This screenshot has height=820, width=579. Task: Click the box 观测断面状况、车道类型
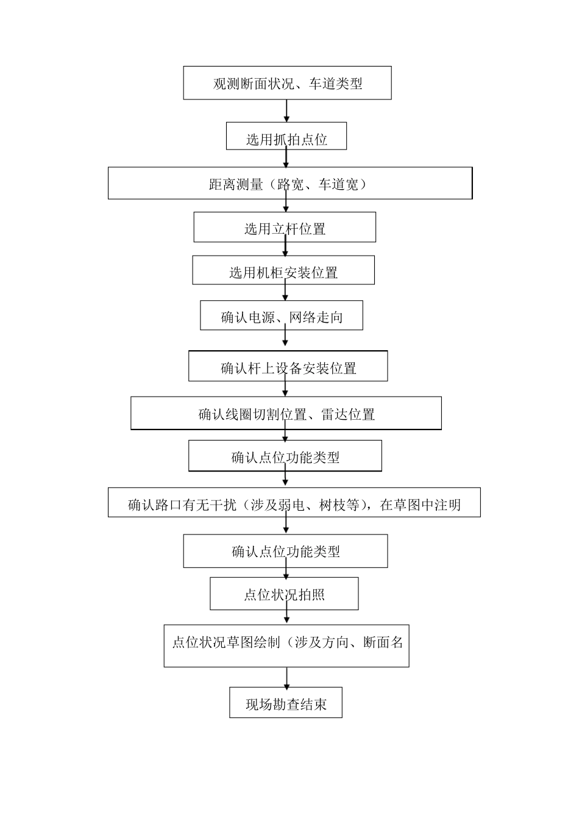pos(287,83)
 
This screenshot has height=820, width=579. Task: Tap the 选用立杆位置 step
pos(285,228)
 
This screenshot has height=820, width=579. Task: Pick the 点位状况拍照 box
pos(284,594)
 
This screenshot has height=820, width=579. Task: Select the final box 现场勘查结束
pos(286,703)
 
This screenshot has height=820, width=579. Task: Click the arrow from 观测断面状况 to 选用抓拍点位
pos(286,110)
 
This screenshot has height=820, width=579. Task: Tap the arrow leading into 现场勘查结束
pos(286,677)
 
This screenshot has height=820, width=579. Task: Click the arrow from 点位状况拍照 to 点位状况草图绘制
pos(286,616)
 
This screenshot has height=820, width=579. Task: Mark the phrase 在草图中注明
pos(420,505)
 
